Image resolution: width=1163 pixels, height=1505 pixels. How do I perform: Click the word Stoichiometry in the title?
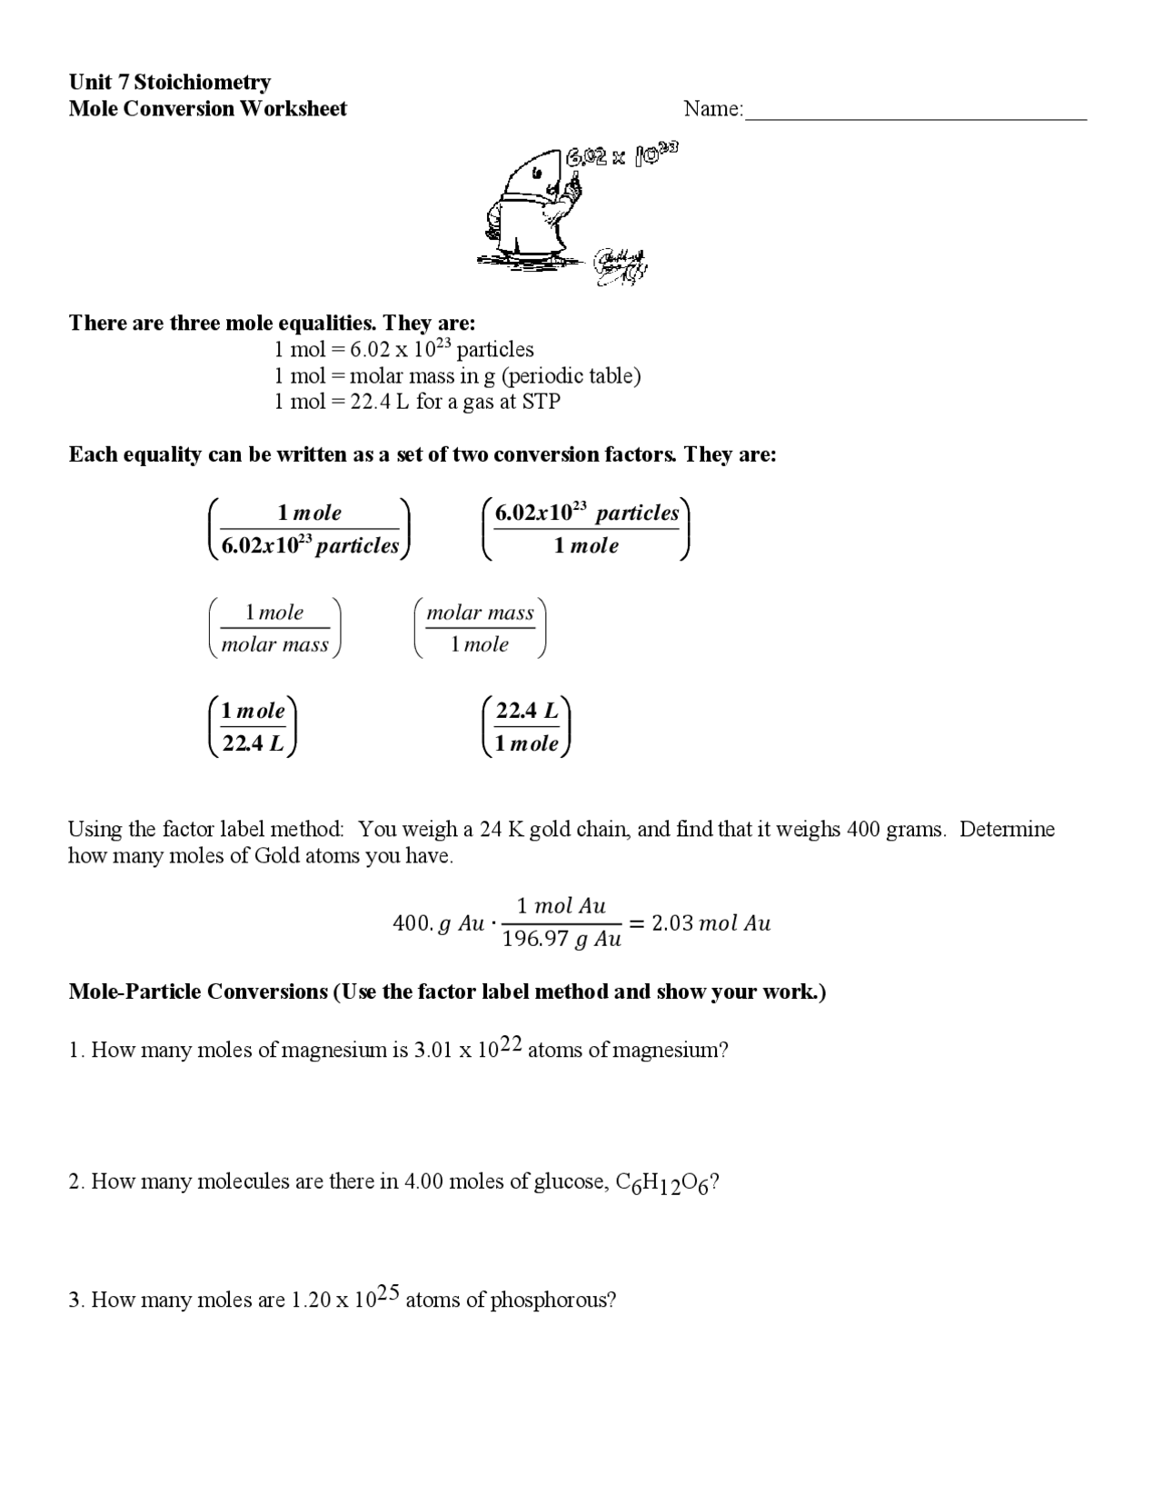(203, 83)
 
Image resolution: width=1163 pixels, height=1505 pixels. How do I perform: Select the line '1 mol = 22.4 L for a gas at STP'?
(417, 402)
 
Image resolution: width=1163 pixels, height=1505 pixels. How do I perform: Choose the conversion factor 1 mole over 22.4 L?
(253, 727)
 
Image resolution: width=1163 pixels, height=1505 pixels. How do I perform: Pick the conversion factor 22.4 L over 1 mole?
(527, 727)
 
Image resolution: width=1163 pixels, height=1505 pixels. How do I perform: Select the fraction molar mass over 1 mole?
(480, 628)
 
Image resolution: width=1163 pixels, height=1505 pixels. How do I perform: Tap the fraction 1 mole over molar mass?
(275, 628)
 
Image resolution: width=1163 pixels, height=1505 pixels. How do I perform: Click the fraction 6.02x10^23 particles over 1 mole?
(587, 529)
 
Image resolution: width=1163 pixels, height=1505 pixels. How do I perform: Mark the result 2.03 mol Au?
(711, 923)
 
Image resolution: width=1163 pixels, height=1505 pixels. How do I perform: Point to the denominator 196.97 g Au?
(562, 939)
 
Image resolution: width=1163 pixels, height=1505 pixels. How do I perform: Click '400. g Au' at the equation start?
(438, 923)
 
